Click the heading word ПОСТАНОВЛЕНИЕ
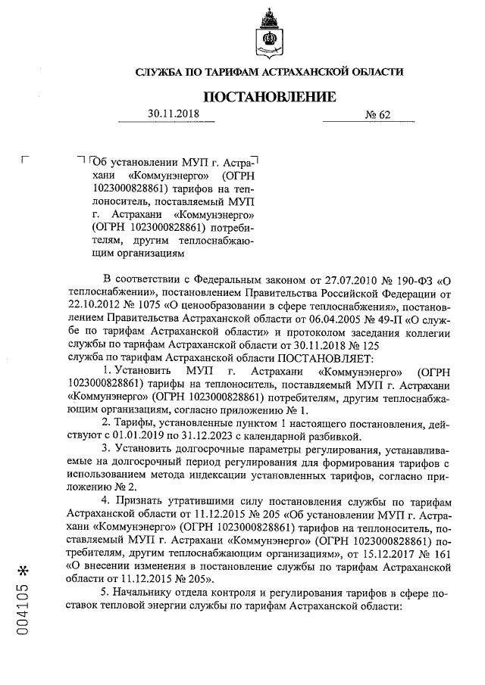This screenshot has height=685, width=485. tap(268, 97)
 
